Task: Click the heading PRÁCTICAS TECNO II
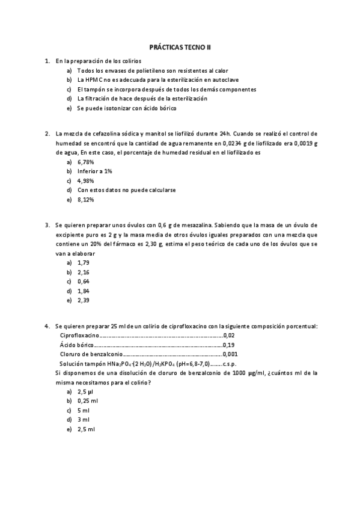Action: pyautogui.click(x=180, y=46)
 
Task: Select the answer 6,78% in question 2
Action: pyautogui.click(x=85, y=162)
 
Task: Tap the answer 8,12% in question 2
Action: pyautogui.click(x=85, y=199)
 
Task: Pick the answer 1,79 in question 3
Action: pyautogui.click(x=83, y=263)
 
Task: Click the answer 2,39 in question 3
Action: pyautogui.click(x=83, y=300)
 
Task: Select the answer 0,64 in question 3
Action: pyautogui.click(x=83, y=281)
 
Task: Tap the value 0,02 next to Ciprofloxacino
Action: pyautogui.click(x=229, y=336)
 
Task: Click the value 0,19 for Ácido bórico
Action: pyautogui.click(x=229, y=345)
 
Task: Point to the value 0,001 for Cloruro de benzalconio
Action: pyautogui.click(x=230, y=354)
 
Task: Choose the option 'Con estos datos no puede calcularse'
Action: pyautogui.click(x=126, y=189)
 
